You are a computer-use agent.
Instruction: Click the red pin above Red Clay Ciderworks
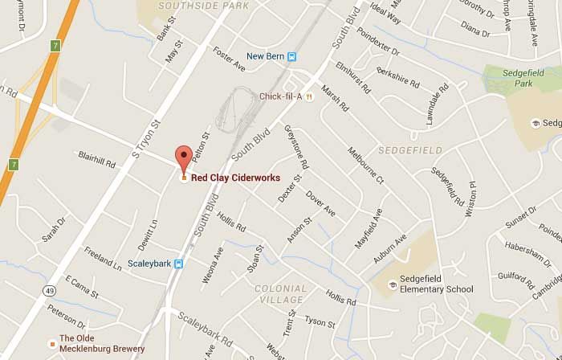[185, 157]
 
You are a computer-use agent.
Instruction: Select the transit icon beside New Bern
[292, 56]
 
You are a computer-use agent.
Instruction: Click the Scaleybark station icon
[180, 263]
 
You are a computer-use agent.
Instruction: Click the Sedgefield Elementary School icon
[393, 284]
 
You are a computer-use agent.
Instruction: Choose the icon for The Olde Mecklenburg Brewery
[52, 343]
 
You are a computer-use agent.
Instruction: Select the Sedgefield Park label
[519, 77]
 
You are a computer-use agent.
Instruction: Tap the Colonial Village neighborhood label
[280, 294]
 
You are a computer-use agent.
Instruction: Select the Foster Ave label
[228, 59]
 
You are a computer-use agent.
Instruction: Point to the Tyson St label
[320, 322]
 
